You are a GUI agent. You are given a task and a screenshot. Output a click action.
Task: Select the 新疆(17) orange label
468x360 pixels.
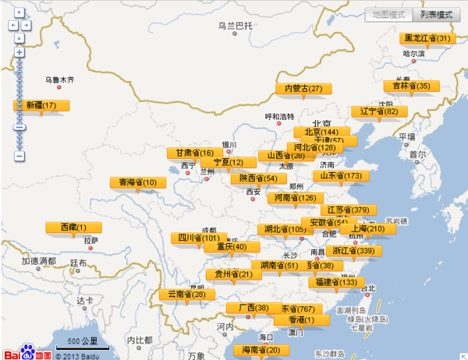[x=41, y=105]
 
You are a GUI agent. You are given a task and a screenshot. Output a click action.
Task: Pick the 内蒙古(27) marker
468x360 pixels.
[x=303, y=89]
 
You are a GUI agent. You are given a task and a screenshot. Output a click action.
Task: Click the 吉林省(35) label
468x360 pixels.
[x=410, y=86]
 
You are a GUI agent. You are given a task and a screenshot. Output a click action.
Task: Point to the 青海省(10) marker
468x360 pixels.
[x=138, y=182]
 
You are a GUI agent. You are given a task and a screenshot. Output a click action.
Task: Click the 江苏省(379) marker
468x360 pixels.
[x=349, y=210]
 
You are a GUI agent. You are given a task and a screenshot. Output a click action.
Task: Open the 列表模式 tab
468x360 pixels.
[x=435, y=15]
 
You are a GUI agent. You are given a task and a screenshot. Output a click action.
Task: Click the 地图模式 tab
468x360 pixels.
[x=388, y=15]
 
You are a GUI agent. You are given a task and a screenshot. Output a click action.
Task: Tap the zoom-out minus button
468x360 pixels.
[x=19, y=157]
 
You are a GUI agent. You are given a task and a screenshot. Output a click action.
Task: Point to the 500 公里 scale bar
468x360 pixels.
[x=81, y=344]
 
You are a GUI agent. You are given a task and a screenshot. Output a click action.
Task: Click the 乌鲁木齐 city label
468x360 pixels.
[x=59, y=79]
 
